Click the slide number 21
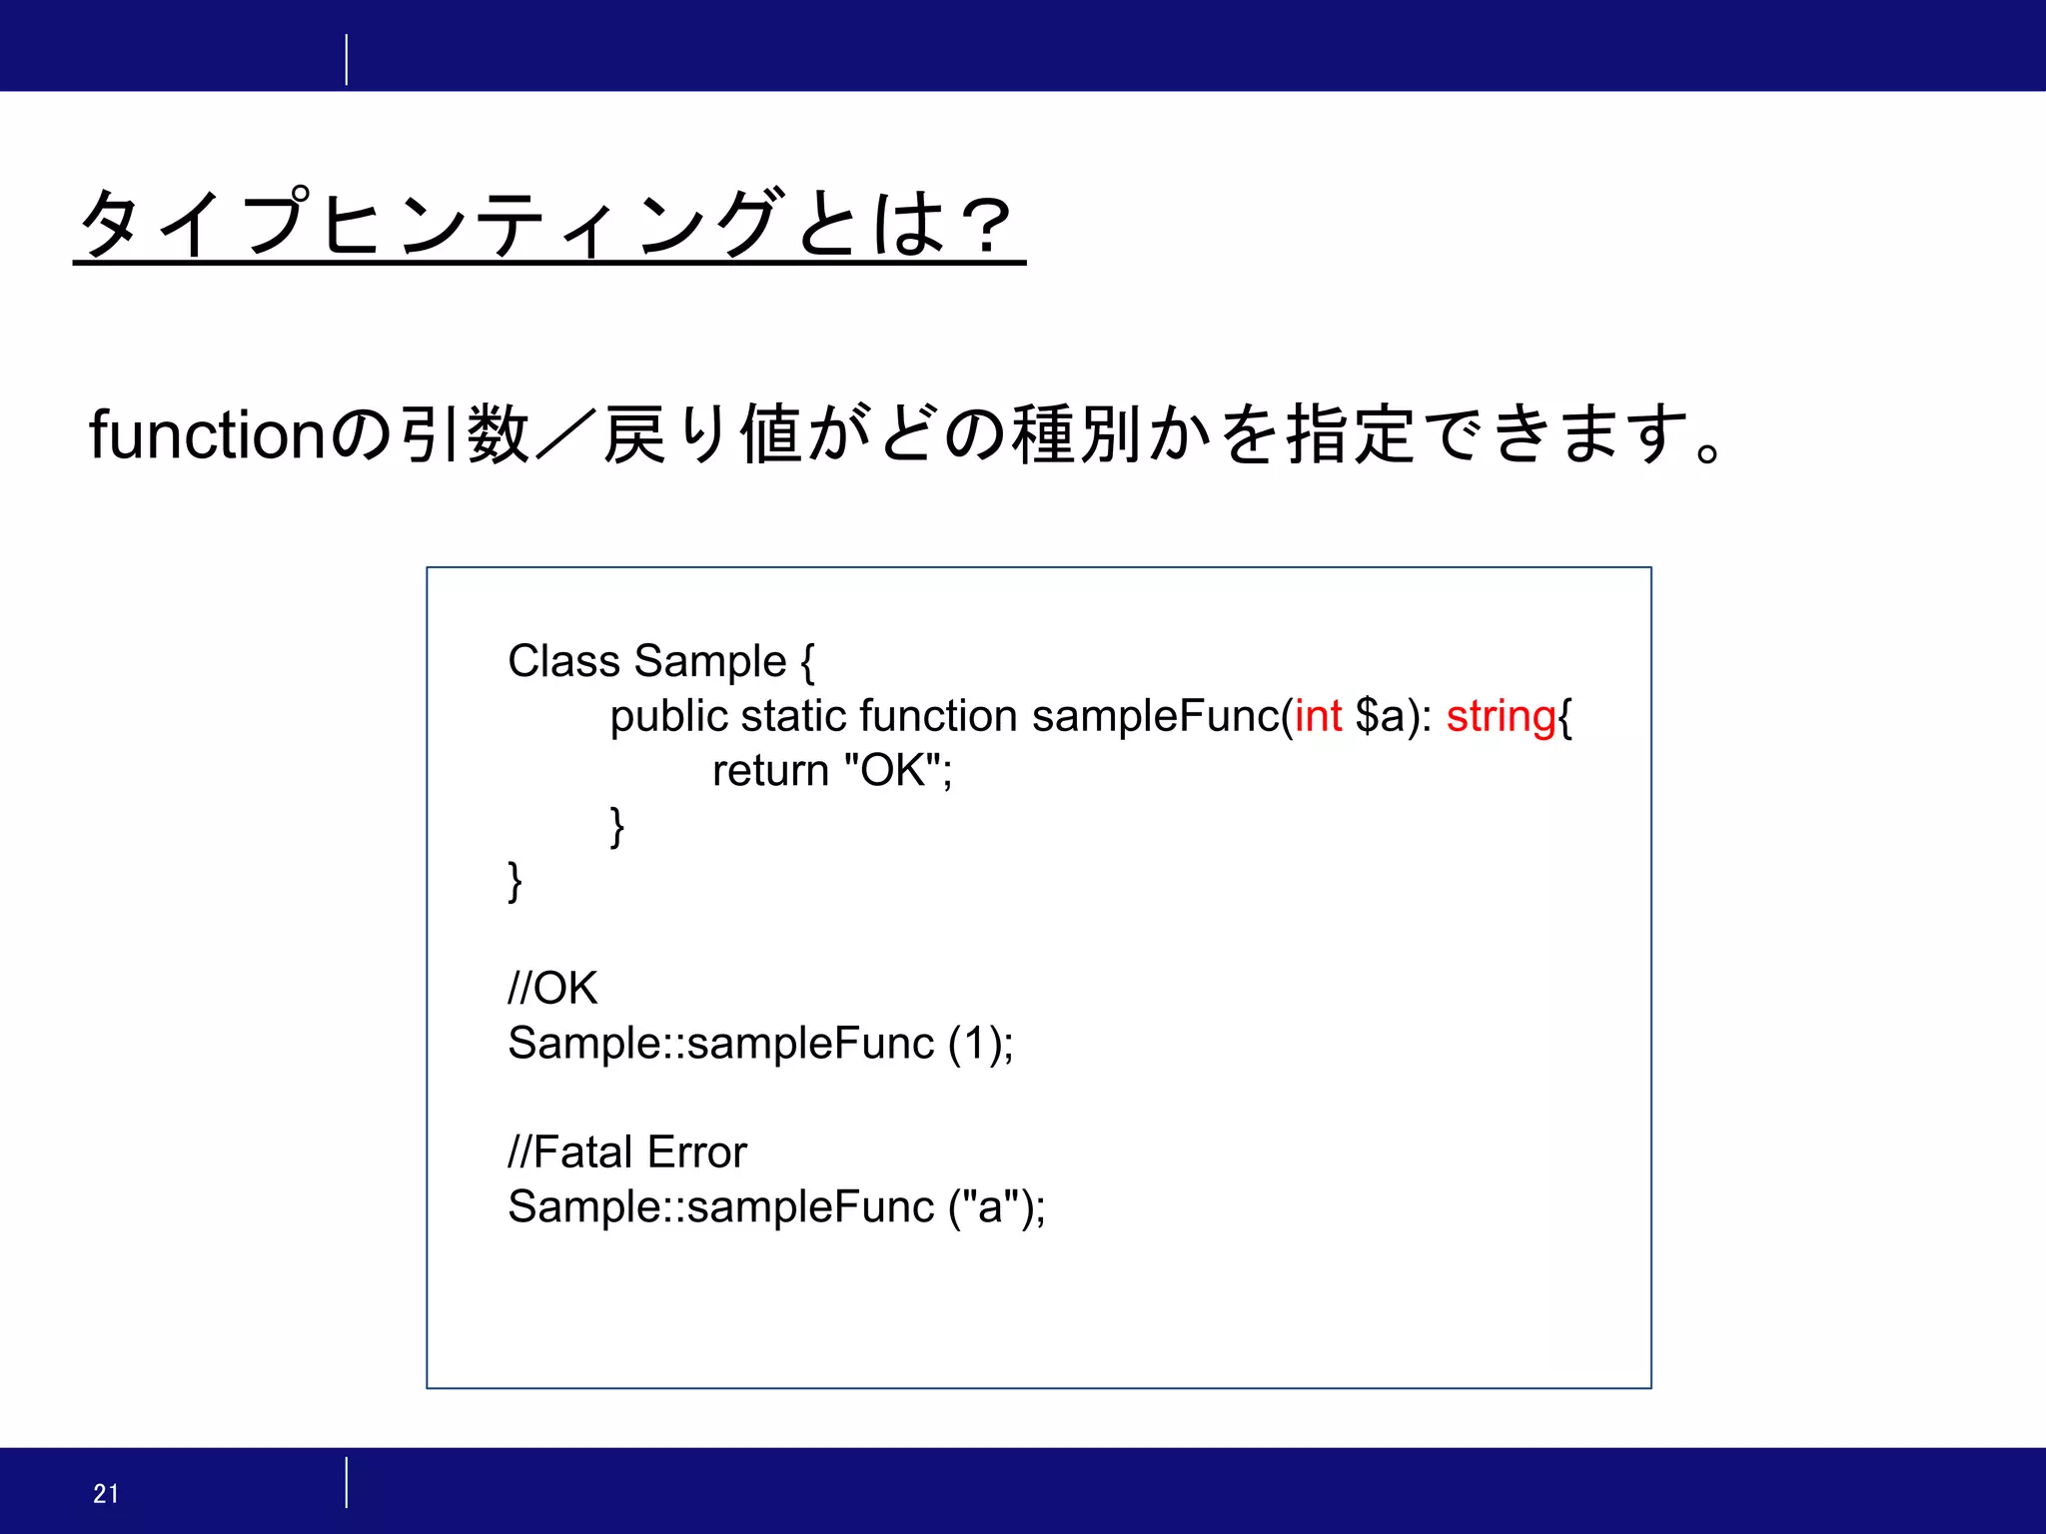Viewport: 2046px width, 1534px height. click(106, 1493)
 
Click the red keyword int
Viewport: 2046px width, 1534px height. click(1318, 716)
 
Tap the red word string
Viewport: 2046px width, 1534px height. click(1501, 716)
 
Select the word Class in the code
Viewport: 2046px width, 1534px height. click(564, 661)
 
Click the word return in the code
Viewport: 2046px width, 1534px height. click(770, 771)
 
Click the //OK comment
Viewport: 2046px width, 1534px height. click(552, 989)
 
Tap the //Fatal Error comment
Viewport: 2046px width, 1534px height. click(627, 1152)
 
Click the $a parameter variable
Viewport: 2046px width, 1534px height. click(1380, 716)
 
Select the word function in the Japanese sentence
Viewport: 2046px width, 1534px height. click(207, 435)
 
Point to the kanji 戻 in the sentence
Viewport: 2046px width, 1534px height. click(634, 435)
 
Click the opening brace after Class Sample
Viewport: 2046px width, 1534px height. click(807, 661)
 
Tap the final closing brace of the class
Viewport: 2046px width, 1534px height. click(514, 881)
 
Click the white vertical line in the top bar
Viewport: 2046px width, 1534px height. click(347, 59)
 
